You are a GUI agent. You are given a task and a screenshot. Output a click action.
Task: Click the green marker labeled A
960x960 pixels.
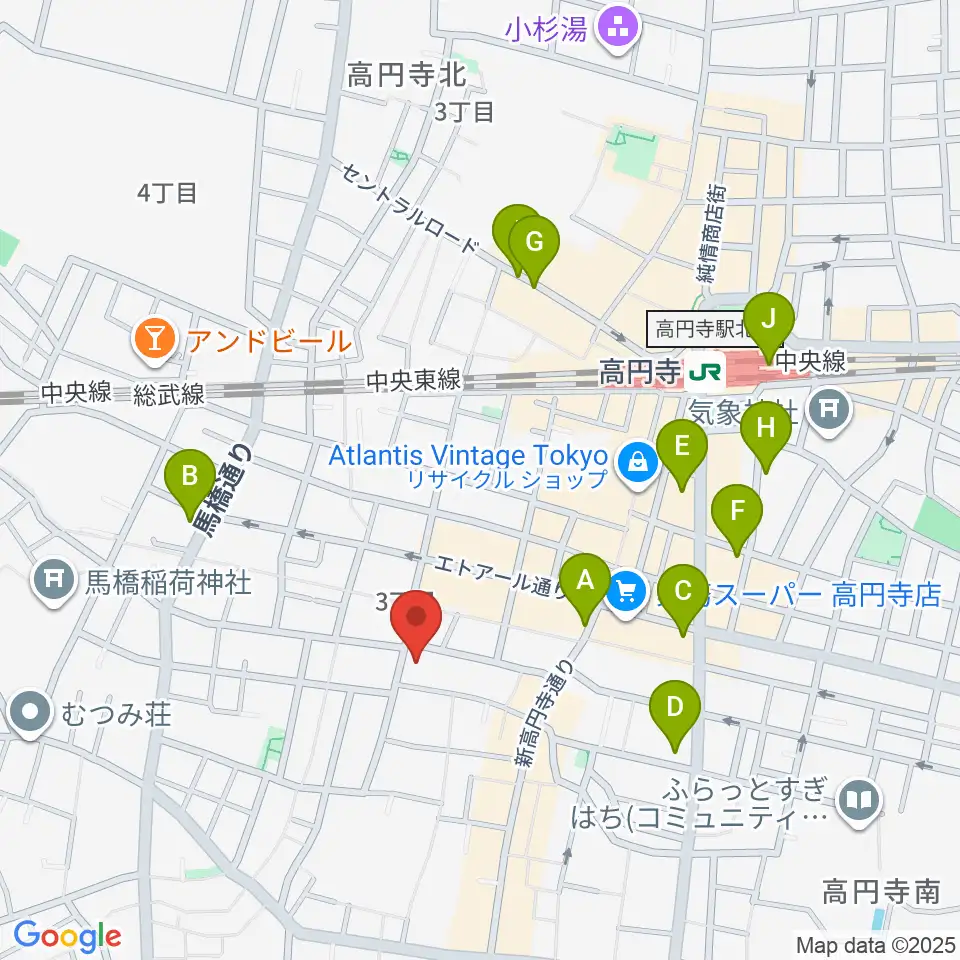pyautogui.click(x=585, y=581)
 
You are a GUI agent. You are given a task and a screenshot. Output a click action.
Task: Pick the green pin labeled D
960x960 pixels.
pyautogui.click(x=675, y=709)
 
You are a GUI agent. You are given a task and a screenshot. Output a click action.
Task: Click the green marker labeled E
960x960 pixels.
pyautogui.click(x=683, y=448)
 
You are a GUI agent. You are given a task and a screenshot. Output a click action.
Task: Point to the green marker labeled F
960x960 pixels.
pyautogui.click(x=737, y=512)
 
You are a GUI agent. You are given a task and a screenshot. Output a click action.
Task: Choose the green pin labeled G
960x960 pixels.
pyautogui.click(x=534, y=243)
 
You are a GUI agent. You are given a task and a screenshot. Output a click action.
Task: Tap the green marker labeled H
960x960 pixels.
pyautogui.click(x=766, y=430)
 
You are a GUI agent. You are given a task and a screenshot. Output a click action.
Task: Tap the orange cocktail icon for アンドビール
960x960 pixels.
pyautogui.click(x=155, y=341)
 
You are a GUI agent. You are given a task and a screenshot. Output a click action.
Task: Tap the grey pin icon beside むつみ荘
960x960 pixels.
pyautogui.click(x=30, y=714)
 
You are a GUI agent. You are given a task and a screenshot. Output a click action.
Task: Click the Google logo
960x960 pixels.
pyautogui.click(x=67, y=936)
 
